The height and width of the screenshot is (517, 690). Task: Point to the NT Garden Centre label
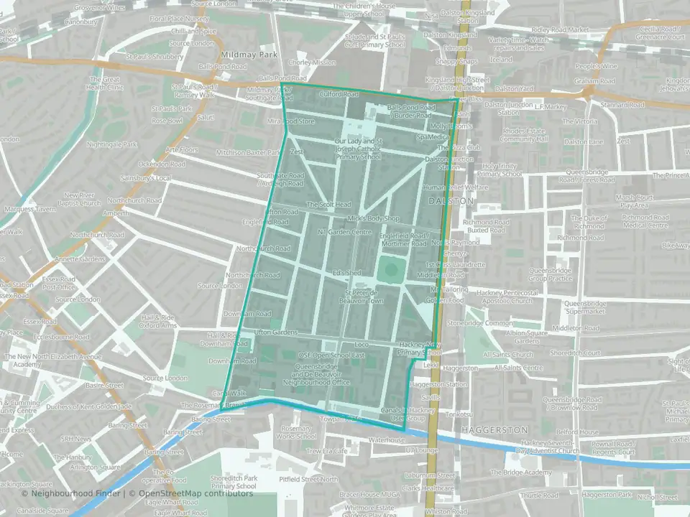[x=344, y=233]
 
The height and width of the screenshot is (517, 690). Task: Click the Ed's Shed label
[x=346, y=274]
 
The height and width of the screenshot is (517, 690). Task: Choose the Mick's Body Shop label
[x=373, y=218]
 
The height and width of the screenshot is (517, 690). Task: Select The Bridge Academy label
[x=527, y=472]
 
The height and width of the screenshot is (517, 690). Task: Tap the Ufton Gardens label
[x=275, y=332]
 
